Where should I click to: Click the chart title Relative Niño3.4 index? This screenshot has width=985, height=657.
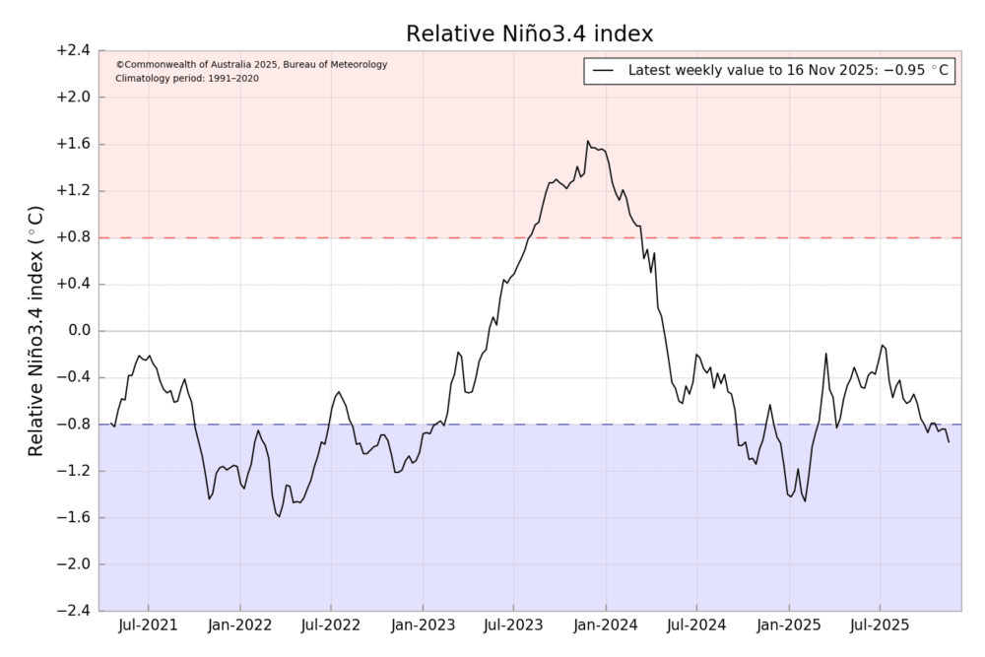(530, 33)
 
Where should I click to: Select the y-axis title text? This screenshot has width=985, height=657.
(35, 331)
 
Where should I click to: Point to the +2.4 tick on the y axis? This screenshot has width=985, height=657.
(71, 50)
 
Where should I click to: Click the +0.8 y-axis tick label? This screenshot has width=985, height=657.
(71, 237)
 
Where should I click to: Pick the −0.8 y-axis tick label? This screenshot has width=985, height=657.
(71, 425)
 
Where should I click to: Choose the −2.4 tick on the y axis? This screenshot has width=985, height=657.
(71, 611)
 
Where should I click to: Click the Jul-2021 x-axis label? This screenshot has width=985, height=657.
(149, 625)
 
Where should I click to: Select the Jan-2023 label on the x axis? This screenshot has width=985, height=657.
(423, 625)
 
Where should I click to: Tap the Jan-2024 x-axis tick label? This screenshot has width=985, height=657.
(605, 625)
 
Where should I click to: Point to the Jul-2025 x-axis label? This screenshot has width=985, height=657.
(879, 625)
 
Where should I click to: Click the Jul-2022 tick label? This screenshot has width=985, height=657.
(331, 625)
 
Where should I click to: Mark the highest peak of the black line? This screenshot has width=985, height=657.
(588, 141)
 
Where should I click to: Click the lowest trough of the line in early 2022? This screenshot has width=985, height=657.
(279, 516)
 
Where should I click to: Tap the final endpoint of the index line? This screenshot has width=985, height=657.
(950, 442)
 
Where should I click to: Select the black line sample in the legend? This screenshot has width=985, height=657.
(604, 71)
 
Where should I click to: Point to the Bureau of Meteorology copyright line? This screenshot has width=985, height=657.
(251, 65)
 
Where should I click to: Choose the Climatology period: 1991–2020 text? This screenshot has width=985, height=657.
(187, 78)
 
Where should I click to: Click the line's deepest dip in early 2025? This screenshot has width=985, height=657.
(805, 501)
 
